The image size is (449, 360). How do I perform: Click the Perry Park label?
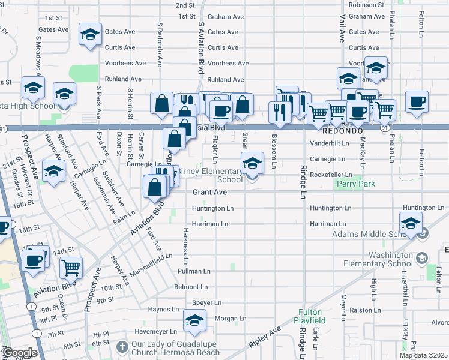click(x=355, y=184)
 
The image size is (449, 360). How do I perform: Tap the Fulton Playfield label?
click(x=310, y=316)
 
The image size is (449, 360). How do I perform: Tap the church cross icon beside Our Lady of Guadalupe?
click(x=122, y=347)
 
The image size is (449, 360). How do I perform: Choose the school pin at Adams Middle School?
click(x=411, y=223)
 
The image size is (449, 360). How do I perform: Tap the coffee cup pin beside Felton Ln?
click(x=417, y=101)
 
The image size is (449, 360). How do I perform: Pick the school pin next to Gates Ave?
click(x=90, y=34)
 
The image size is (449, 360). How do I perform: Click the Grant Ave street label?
click(x=209, y=193)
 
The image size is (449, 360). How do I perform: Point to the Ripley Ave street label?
click(x=265, y=338)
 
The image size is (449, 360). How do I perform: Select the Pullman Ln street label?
click(x=193, y=271)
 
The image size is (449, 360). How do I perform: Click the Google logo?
click(x=20, y=353)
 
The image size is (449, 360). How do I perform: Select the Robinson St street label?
click(x=366, y=4)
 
